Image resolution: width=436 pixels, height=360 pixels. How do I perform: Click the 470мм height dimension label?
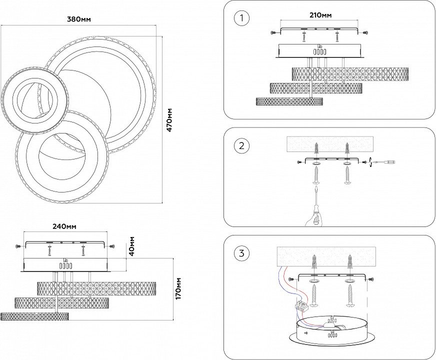tap(169, 120)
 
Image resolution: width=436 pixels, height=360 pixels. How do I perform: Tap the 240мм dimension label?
tap(64, 226)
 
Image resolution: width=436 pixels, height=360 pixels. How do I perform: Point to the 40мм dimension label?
tap(132, 246)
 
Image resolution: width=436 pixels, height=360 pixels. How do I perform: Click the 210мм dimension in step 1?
tap(320, 15)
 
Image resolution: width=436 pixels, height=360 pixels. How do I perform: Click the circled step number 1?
tap(241, 19)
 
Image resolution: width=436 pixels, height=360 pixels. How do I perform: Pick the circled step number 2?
tap(241, 146)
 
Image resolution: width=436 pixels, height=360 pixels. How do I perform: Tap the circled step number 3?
tap(241, 253)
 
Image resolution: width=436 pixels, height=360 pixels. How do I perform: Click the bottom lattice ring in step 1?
tap(289, 101)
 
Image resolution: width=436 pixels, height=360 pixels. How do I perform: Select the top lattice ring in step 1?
tap(350, 74)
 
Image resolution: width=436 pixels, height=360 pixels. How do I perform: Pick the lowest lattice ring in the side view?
tap(34, 316)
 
